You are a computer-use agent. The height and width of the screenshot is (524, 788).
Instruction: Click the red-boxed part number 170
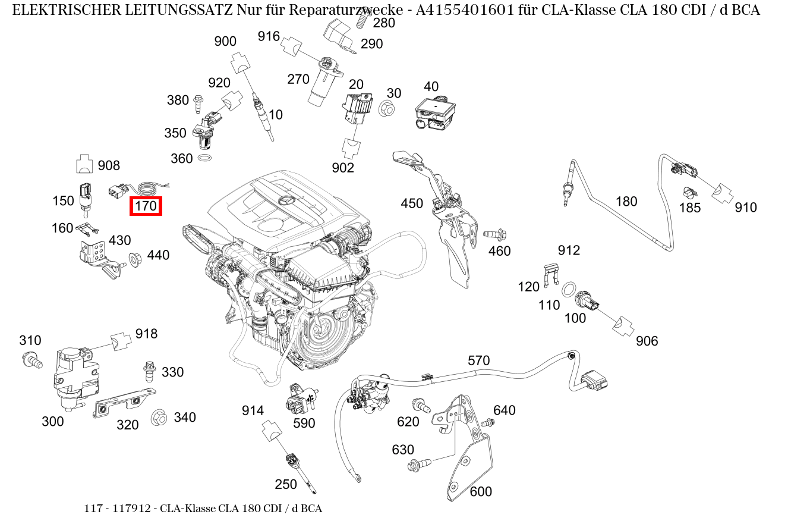[x=146, y=206]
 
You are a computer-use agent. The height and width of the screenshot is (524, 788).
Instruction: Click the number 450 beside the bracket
[x=412, y=203]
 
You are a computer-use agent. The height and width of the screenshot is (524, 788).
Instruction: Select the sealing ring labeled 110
[x=569, y=290]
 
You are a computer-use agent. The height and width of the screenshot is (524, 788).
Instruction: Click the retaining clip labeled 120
[x=552, y=274]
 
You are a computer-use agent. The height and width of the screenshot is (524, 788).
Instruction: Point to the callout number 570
[x=478, y=360]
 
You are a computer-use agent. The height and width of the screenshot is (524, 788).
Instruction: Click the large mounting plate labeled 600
[x=469, y=458]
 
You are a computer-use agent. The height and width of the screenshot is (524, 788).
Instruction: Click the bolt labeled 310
[x=31, y=359]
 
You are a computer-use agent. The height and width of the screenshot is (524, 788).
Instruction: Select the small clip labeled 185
[x=689, y=193]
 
